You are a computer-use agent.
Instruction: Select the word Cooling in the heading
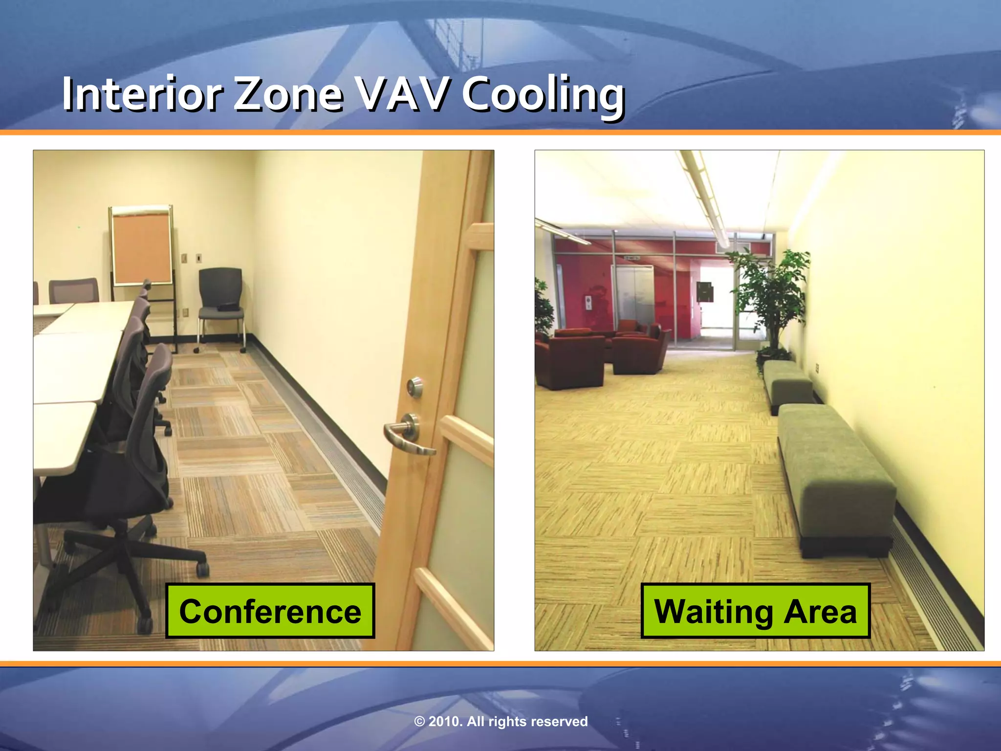pyautogui.click(x=543, y=95)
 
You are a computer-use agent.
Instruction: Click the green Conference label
pyautogui.click(x=270, y=611)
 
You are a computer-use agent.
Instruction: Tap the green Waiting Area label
pyautogui.click(x=755, y=611)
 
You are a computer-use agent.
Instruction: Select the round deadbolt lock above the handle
pyautogui.click(x=415, y=386)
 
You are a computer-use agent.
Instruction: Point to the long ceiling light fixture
pyautogui.click(x=706, y=196)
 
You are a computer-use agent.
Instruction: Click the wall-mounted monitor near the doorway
pyautogui.click(x=704, y=291)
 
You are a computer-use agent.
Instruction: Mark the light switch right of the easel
pyautogui.click(x=199, y=257)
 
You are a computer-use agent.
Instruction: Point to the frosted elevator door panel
pyautogui.click(x=634, y=296)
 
